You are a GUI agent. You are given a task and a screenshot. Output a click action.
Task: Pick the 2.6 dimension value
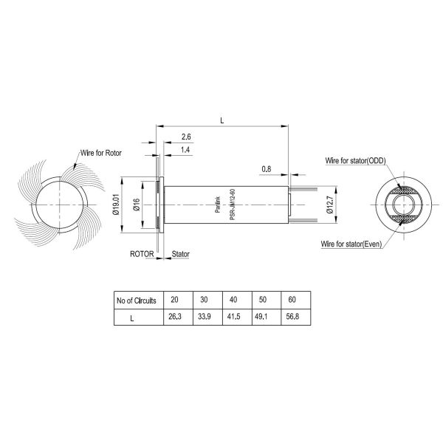pyautogui.click(x=186, y=137)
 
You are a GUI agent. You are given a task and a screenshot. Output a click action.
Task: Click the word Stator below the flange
pyautogui.click(x=181, y=253)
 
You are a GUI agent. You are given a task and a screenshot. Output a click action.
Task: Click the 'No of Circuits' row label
pyautogui.click(x=138, y=301)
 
